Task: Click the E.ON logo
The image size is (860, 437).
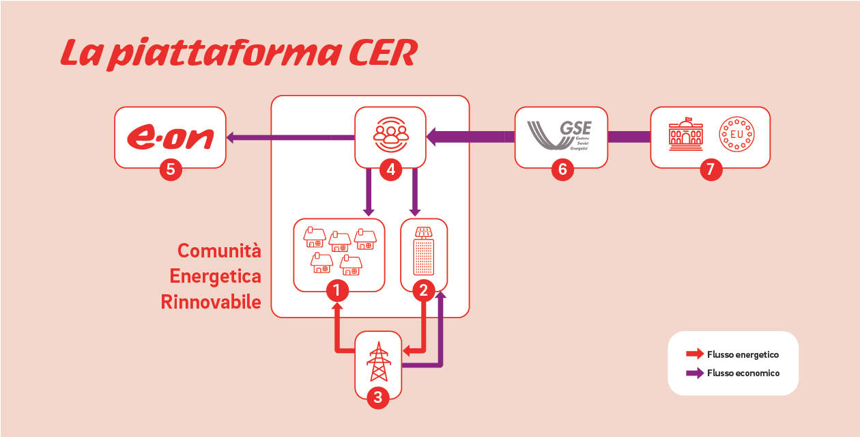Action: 171,136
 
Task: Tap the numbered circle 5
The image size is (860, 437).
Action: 171,169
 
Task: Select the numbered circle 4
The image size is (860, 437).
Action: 390,169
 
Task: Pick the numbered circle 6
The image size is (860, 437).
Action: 562,169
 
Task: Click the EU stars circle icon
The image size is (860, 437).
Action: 737,135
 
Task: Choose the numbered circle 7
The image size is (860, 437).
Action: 711,169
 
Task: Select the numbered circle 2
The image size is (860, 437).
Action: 423,292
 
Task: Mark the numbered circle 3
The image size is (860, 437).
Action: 377,397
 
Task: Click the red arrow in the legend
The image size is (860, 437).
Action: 695,354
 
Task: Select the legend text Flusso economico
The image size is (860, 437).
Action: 743,373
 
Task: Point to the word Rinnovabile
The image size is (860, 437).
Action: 211,302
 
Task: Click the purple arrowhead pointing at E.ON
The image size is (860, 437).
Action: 231,137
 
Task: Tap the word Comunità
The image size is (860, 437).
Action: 219,251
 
